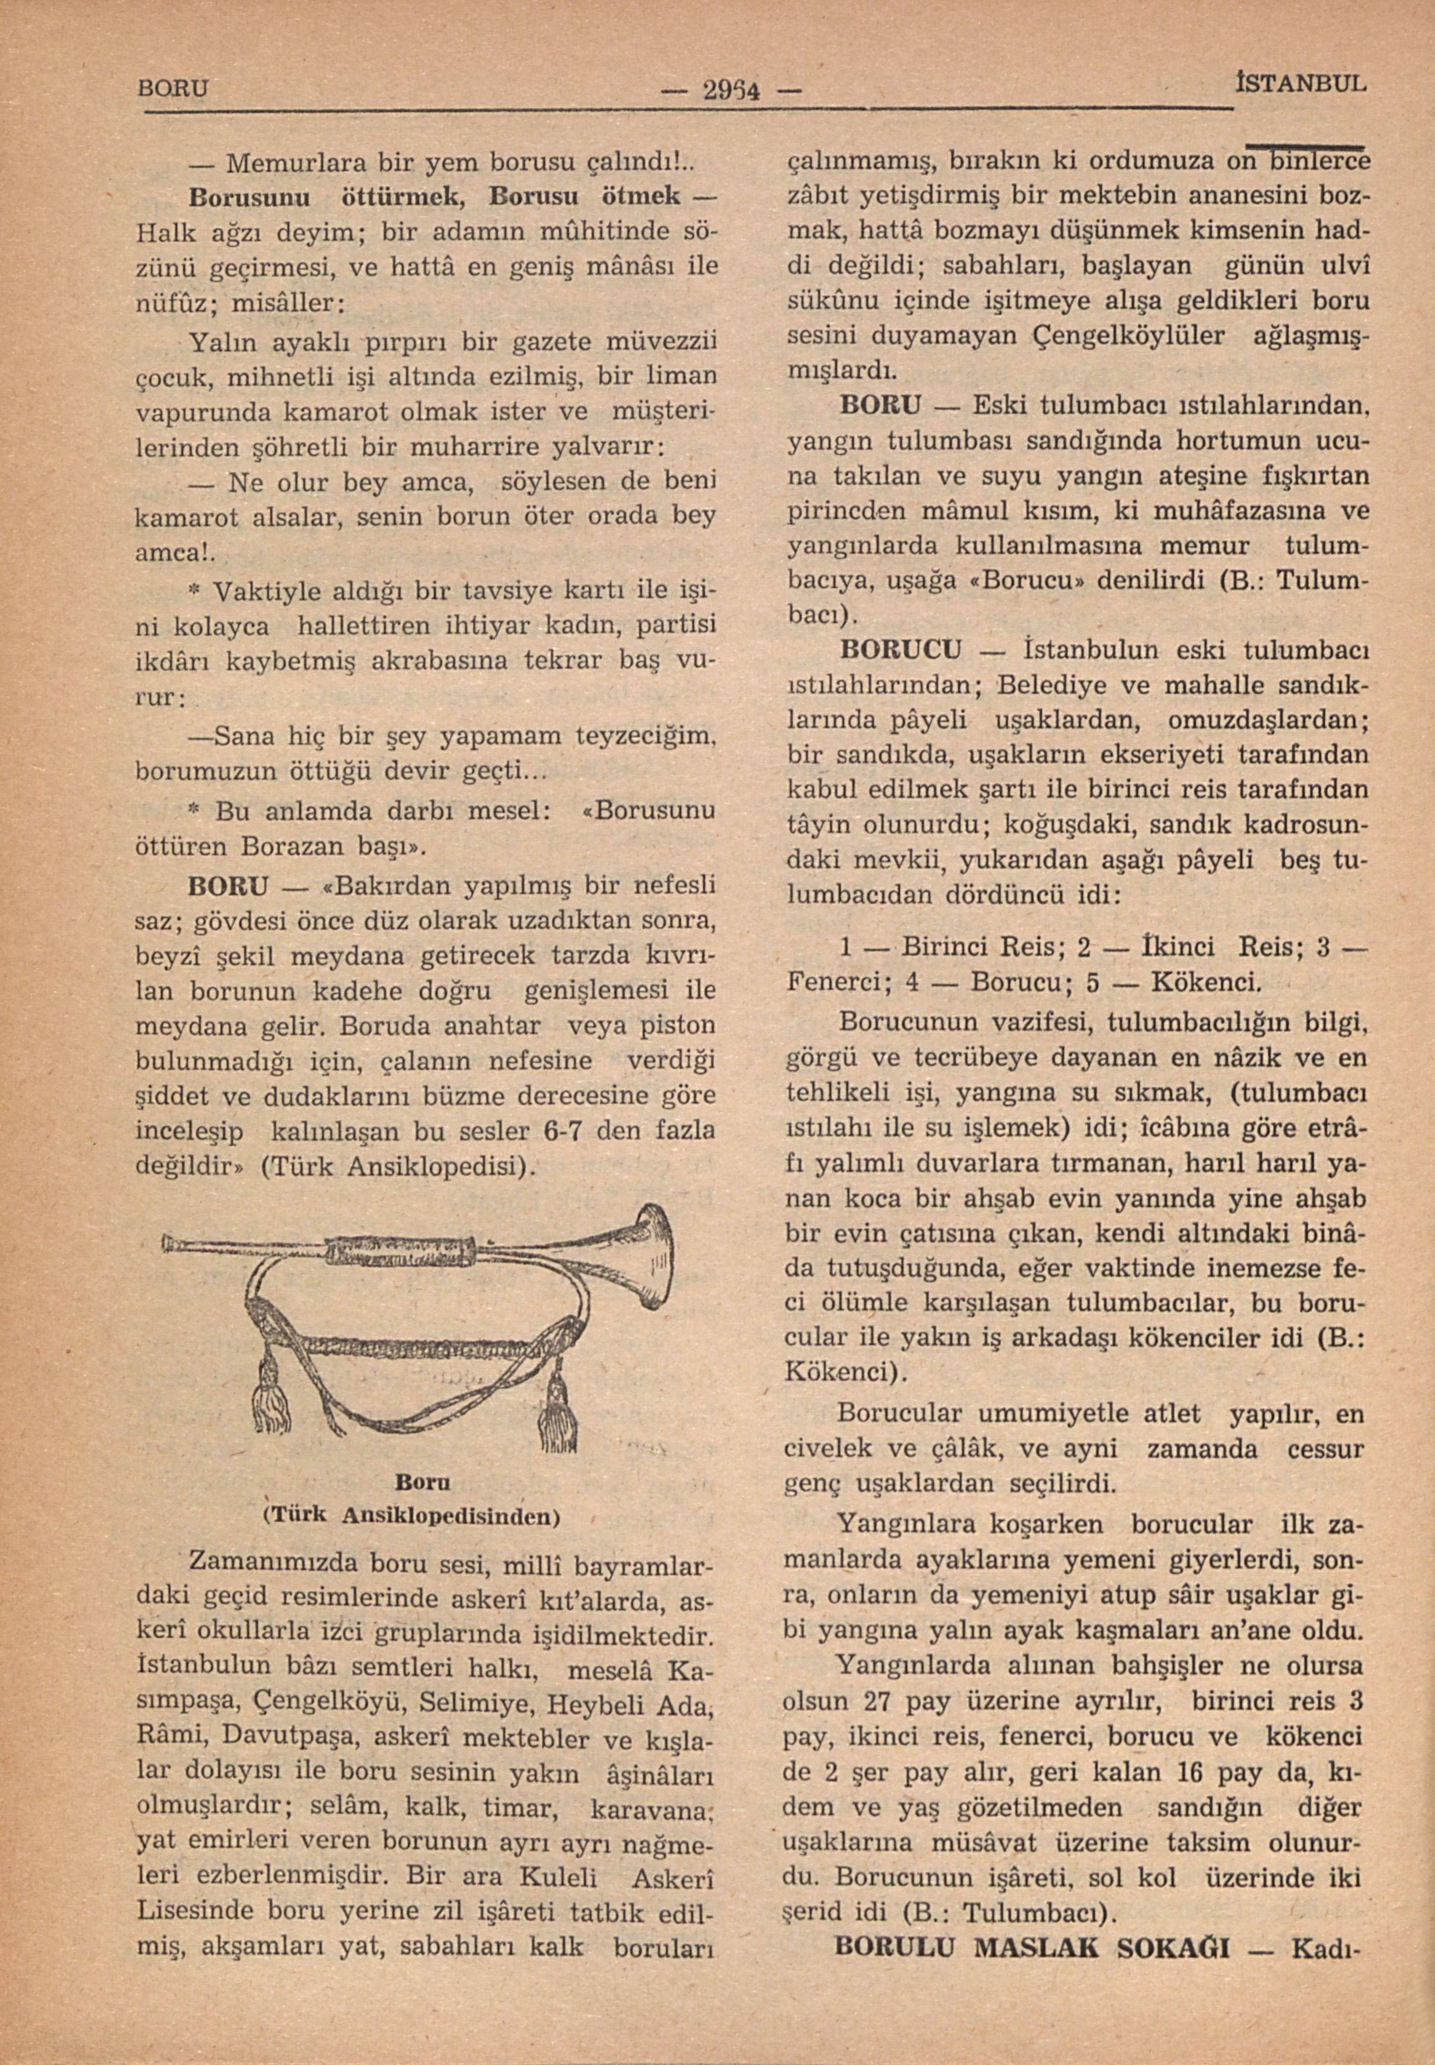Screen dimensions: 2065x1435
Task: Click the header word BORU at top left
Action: pyautogui.click(x=174, y=89)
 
